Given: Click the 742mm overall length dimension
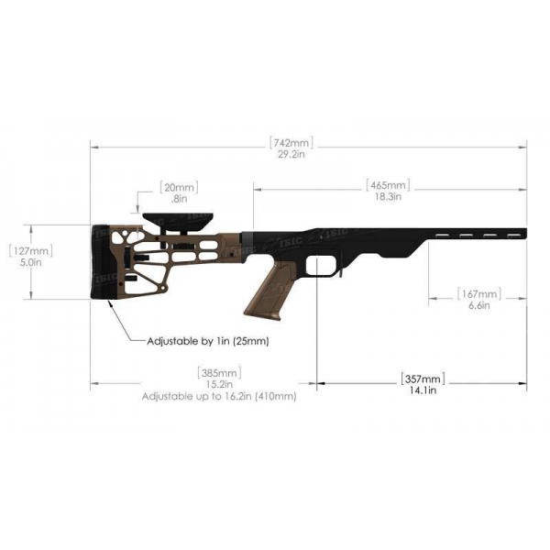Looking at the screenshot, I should click(291, 143).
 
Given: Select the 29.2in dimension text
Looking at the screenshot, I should click(291, 156).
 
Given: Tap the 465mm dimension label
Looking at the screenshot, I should click(386, 184).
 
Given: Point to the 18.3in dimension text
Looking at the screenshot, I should click(386, 196).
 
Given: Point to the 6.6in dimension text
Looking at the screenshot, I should click(478, 306).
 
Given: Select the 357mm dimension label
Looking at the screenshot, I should click(422, 379).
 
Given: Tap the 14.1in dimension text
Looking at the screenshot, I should click(422, 390).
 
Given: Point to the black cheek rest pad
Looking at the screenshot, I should click(177, 221).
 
